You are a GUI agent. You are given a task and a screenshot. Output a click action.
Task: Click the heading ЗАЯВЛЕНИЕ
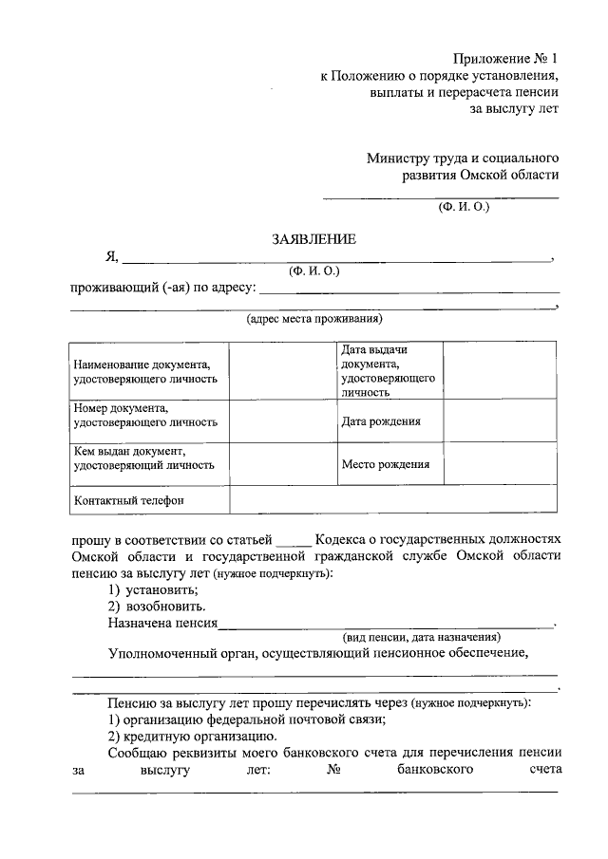click(x=313, y=239)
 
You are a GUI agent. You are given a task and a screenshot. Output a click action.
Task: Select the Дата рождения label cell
click(x=380, y=421)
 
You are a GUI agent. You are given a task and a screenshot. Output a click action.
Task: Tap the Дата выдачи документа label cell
click(x=388, y=370)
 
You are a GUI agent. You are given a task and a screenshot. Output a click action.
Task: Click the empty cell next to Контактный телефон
click(x=393, y=500)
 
